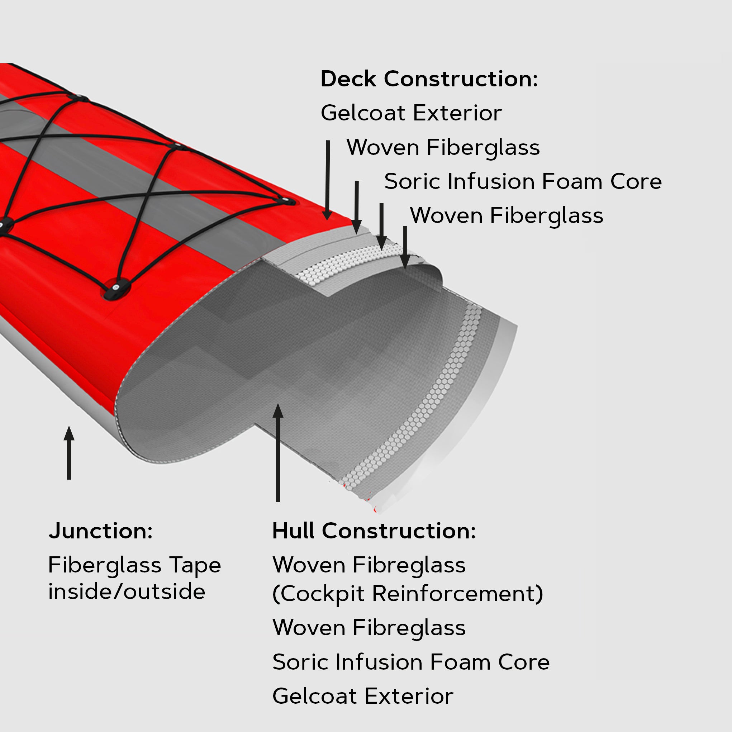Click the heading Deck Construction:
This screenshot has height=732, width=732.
(429, 79)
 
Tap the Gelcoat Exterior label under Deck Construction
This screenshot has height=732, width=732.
(411, 113)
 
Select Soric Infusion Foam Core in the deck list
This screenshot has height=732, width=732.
(523, 181)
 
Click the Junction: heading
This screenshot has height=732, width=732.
(100, 531)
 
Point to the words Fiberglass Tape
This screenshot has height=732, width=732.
(134, 565)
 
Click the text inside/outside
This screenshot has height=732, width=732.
(127, 591)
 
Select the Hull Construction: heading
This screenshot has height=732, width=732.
(374, 531)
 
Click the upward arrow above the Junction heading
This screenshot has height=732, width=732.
(69, 453)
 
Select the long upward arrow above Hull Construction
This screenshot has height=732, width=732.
(278, 453)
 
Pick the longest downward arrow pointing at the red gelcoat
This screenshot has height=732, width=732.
(328, 180)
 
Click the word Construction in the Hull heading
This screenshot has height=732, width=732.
(399, 531)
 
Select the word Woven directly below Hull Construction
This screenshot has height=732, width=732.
(309, 565)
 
